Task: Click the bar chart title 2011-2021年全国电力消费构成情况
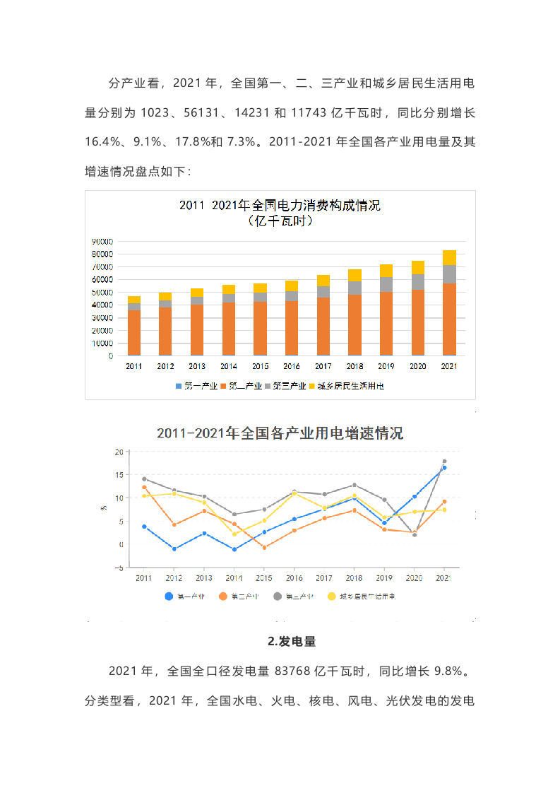[280, 206]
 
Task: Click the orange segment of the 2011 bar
[134, 331]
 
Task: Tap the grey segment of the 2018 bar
[355, 288]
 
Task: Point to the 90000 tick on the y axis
[102, 241]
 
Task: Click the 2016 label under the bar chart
[291, 367]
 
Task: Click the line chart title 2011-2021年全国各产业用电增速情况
[280, 433]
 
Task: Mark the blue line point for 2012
[174, 549]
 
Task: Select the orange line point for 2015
[264, 548]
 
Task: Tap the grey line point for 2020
[415, 535]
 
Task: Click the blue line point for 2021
[444, 468]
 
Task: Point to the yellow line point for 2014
[234, 534]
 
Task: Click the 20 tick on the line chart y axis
[119, 452]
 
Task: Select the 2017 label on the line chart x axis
[324, 578]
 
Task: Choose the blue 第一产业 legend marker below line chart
[169, 597]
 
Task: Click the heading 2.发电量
[292, 642]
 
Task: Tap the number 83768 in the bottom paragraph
[303, 671]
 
